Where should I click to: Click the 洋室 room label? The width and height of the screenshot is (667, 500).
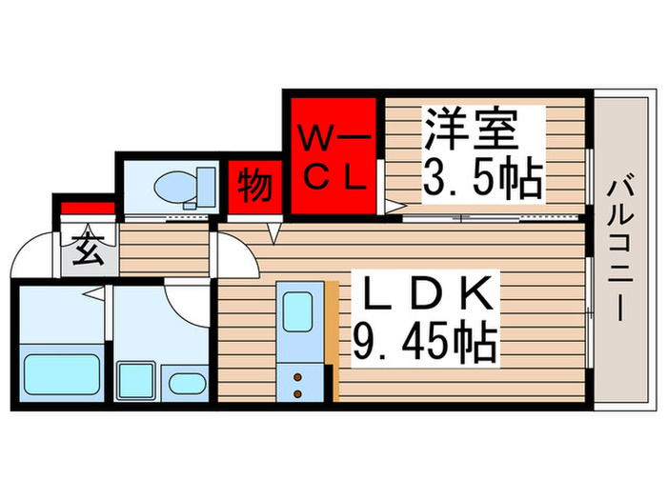(x=472, y=130)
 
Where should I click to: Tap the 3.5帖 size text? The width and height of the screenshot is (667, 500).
(x=483, y=178)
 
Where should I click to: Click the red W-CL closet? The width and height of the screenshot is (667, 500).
(x=333, y=156)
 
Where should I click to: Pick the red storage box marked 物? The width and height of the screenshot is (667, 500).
(x=254, y=188)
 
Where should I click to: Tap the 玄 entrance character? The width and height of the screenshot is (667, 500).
(x=89, y=250)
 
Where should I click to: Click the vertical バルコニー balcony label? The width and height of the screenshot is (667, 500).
(x=620, y=250)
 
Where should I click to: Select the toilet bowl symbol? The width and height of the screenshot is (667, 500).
(x=175, y=188)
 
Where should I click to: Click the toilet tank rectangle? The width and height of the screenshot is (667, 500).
(x=207, y=187)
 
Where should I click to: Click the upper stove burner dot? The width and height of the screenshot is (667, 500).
(x=297, y=377)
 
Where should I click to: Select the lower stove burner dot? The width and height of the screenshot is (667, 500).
(x=297, y=394)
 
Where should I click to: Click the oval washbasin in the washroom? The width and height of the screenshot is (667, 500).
(x=187, y=384)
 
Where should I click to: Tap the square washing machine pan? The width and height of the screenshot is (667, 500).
(x=135, y=380)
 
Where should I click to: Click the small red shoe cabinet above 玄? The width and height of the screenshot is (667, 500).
(x=88, y=208)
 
